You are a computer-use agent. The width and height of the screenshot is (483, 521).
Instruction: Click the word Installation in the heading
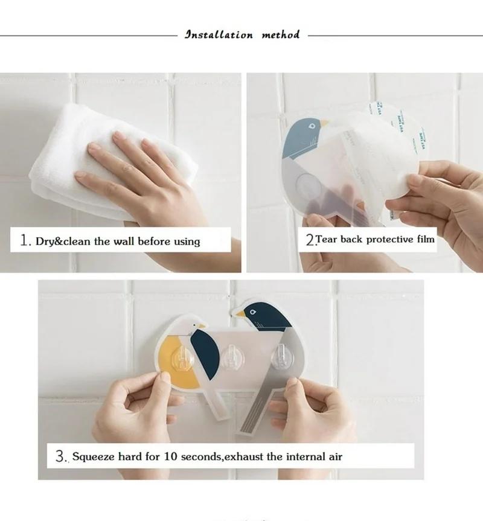point(219,35)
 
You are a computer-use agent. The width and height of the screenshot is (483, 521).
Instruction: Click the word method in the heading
point(280,35)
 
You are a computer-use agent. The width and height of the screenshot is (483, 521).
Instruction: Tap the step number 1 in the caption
point(25,241)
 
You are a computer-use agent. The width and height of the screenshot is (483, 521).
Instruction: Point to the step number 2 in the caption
point(310,240)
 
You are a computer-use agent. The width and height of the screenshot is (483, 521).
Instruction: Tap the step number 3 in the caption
point(60,456)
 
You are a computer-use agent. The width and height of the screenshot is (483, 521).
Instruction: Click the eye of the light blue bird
point(312,126)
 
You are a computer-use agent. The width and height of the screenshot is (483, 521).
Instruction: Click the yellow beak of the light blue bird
point(324,123)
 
